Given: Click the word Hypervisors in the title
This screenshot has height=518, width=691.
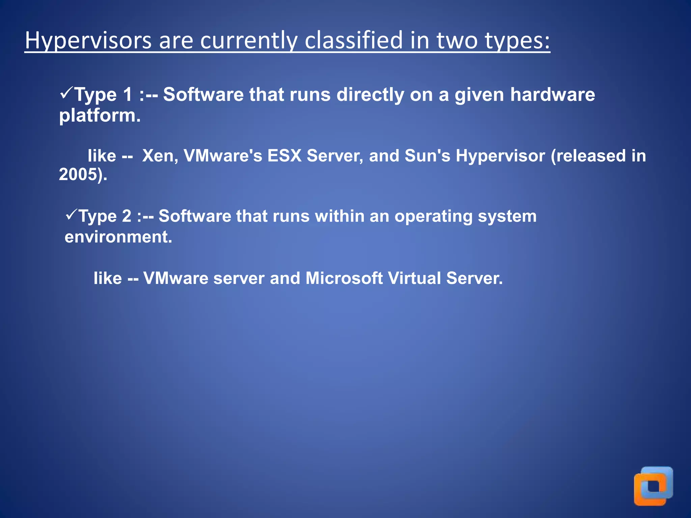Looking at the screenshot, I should tap(88, 40).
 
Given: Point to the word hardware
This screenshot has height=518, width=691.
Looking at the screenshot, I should tap(552, 94).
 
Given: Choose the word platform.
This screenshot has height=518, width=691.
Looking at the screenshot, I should tap(100, 116).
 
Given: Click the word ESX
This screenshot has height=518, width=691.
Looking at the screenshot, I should tap(284, 156).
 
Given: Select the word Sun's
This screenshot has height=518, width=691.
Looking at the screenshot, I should tap(427, 156).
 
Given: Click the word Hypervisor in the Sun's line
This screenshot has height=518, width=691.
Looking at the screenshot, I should tap(500, 156).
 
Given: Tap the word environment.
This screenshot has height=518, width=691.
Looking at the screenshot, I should tap(118, 237).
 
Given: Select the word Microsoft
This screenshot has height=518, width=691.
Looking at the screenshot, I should tap(344, 278).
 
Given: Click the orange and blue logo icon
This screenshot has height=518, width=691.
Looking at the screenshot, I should tap(653, 486).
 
